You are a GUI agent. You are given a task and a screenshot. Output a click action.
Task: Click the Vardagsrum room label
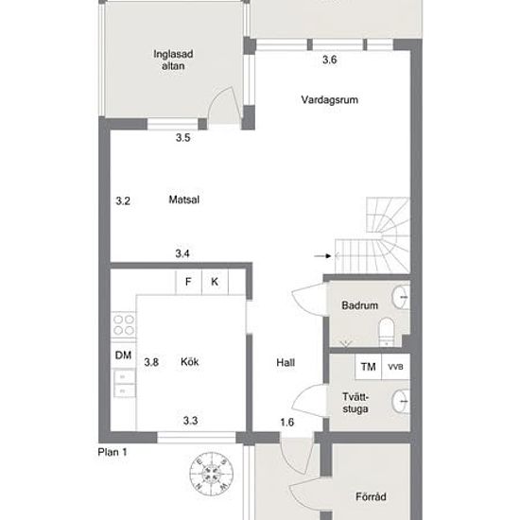point(329,100)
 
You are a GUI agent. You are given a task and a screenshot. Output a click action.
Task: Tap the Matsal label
point(184,199)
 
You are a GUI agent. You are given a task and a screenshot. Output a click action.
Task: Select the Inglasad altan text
point(173,60)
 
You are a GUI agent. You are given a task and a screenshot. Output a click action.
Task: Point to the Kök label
point(190,361)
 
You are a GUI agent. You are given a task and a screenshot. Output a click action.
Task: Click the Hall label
point(286,362)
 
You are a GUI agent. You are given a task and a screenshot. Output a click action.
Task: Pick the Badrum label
point(360,305)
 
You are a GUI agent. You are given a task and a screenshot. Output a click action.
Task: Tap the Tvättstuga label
point(355,403)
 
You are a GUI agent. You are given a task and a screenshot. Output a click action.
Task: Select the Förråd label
point(371,496)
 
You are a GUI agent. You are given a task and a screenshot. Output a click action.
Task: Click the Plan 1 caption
point(113,452)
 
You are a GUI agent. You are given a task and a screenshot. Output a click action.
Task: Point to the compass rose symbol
point(211,474)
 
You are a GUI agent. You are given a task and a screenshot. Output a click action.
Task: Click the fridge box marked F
point(188,282)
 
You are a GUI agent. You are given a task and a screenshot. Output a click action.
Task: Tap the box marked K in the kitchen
point(215,282)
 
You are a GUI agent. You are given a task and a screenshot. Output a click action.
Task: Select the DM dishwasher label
point(123,355)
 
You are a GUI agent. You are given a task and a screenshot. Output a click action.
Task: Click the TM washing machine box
point(368,367)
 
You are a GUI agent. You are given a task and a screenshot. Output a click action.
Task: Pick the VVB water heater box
point(395,367)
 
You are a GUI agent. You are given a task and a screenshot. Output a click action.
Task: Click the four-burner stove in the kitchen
point(124,325)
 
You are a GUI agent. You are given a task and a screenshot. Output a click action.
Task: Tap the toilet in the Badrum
point(387,332)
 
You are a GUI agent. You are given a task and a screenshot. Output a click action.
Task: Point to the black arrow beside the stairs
point(322,255)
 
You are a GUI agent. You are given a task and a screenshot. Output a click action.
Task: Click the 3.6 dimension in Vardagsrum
point(330,60)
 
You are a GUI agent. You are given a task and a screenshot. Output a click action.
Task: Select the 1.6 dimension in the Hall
point(286,423)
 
